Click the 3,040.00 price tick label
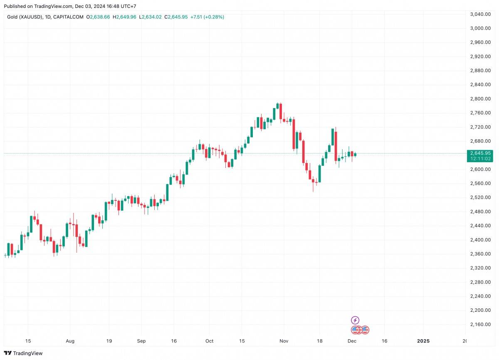tap(480, 14)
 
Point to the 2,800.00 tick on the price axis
tap(480, 99)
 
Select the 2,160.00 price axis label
tap(480, 324)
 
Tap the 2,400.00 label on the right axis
tap(480, 240)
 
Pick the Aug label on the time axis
tap(70, 341)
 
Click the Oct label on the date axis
tap(209, 341)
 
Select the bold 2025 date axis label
tap(423, 341)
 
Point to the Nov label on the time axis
tap(284, 341)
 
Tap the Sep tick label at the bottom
tap(141, 341)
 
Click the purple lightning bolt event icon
tap(355, 320)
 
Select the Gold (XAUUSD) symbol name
tap(25, 17)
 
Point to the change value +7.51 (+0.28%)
tap(207, 17)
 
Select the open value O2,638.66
tap(98, 17)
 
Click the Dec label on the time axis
tap(352, 341)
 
